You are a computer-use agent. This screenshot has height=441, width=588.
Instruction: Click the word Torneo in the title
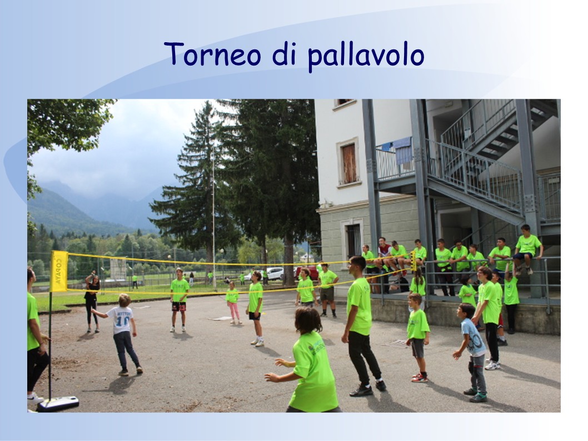tap(213, 54)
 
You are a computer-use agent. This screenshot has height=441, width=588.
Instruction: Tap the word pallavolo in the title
tap(366, 56)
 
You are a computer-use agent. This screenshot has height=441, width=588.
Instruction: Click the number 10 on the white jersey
tap(122, 320)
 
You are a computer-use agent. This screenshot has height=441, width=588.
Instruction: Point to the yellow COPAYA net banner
tap(59, 271)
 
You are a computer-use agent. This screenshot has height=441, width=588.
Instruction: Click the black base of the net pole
tap(58, 404)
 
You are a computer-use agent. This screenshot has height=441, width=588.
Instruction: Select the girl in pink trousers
tap(233, 303)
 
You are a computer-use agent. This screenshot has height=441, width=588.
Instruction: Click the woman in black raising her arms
tap(92, 302)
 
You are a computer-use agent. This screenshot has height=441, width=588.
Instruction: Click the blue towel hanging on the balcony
tap(402, 150)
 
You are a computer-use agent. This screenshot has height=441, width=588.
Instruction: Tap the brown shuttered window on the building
tap(349, 163)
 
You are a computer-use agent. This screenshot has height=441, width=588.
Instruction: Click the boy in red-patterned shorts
tap(179, 300)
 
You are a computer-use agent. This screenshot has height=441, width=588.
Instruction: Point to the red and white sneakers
tap(420, 378)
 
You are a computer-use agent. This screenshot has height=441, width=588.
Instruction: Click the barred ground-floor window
tap(353, 240)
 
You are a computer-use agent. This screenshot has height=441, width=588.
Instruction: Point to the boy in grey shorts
tap(417, 337)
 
